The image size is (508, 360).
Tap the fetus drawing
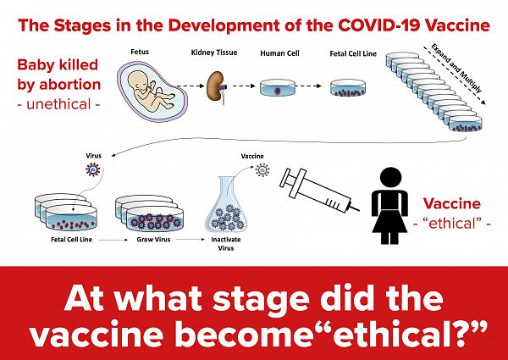[x=152, y=91]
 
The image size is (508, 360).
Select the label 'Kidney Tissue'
[x=214, y=53]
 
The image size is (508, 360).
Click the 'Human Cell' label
[x=279, y=53]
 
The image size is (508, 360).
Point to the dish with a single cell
[x=278, y=87]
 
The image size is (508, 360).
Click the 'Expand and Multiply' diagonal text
[x=456, y=68]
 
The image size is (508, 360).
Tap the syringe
[x=319, y=191]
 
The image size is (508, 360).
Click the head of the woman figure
[x=390, y=177]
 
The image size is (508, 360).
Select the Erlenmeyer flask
[x=226, y=203]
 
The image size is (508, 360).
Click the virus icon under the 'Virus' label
[x=93, y=169]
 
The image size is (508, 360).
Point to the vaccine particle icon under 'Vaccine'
[x=262, y=169]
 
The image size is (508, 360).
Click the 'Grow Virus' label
[x=153, y=240]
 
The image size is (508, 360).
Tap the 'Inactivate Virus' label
[x=226, y=244]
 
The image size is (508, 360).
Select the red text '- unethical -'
[x=58, y=104]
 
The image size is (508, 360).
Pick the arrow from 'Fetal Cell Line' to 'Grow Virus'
[x=113, y=240]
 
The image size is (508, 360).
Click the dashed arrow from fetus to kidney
[x=188, y=86]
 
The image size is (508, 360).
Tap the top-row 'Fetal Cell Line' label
[x=353, y=53]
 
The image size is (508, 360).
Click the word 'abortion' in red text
[x=70, y=84]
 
